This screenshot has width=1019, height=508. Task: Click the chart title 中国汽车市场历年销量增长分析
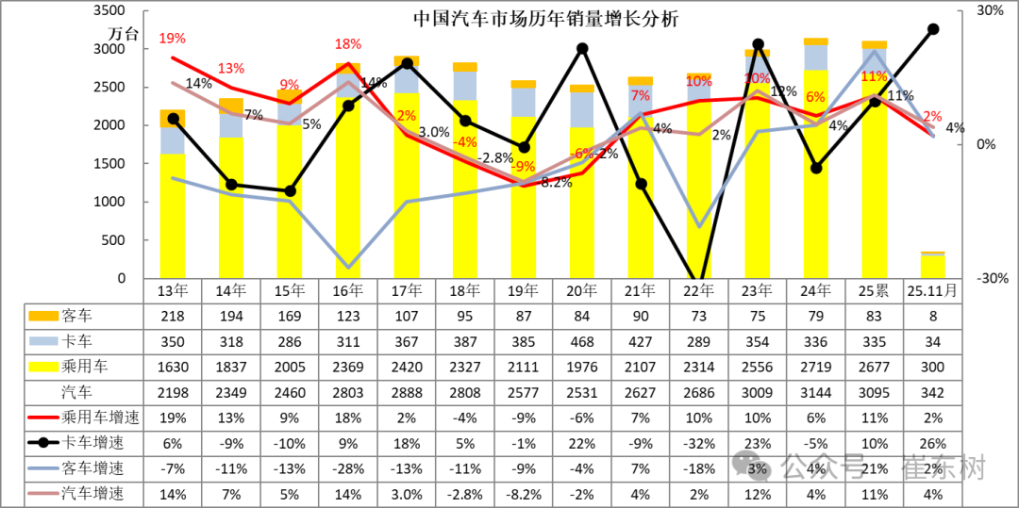(545, 19)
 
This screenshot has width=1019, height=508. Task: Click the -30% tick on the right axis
(989, 279)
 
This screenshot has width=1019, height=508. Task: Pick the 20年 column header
(581, 290)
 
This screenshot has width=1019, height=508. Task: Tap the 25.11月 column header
(932, 290)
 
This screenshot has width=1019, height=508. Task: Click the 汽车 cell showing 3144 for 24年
(815, 392)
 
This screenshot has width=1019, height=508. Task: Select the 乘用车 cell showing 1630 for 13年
(172, 367)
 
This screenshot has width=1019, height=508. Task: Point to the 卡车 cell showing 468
(581, 341)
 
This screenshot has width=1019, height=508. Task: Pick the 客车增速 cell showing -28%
(347, 469)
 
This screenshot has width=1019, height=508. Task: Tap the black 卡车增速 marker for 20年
(582, 48)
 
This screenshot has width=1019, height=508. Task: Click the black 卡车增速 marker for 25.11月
(933, 29)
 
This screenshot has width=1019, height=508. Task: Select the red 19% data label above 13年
(172, 39)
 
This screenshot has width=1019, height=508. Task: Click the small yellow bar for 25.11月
(932, 267)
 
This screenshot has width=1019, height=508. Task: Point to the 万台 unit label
(124, 34)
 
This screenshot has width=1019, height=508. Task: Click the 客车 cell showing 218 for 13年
(172, 316)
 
